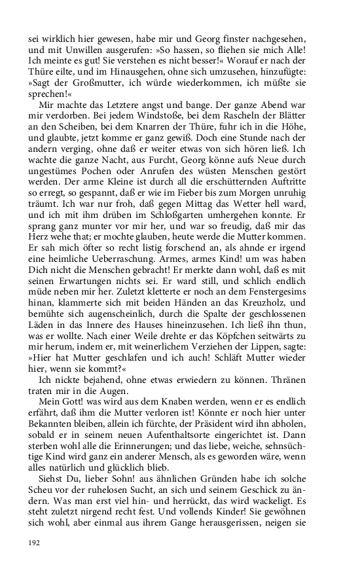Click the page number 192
point(35,543)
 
